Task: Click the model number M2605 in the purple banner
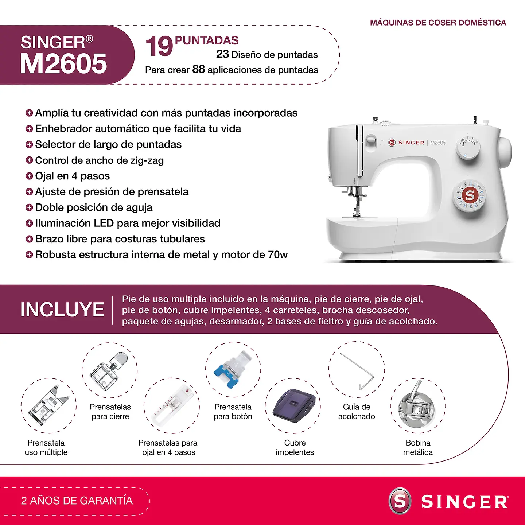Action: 63,64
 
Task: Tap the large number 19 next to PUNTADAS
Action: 159,47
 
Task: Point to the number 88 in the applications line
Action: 199,69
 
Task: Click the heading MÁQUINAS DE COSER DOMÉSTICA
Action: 438,23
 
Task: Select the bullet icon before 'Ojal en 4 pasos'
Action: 29,176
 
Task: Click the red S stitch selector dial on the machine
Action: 470,196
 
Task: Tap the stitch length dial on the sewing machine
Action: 468,148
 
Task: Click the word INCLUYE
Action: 62,310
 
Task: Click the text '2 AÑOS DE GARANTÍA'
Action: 77,501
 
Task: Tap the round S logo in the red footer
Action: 400,501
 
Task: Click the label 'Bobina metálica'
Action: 418,447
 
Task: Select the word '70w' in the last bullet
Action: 278,255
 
